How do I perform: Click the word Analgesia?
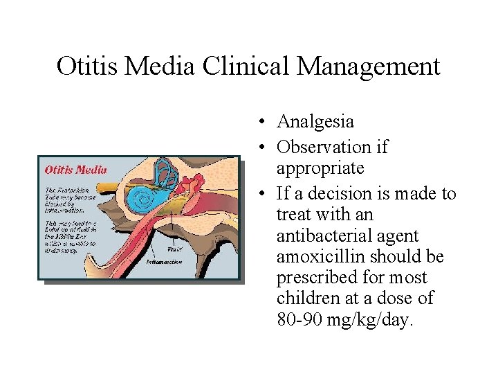point(315,122)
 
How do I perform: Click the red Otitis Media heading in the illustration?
point(76,169)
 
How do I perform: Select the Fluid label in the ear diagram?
point(175,249)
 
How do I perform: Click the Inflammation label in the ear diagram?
point(164,262)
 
